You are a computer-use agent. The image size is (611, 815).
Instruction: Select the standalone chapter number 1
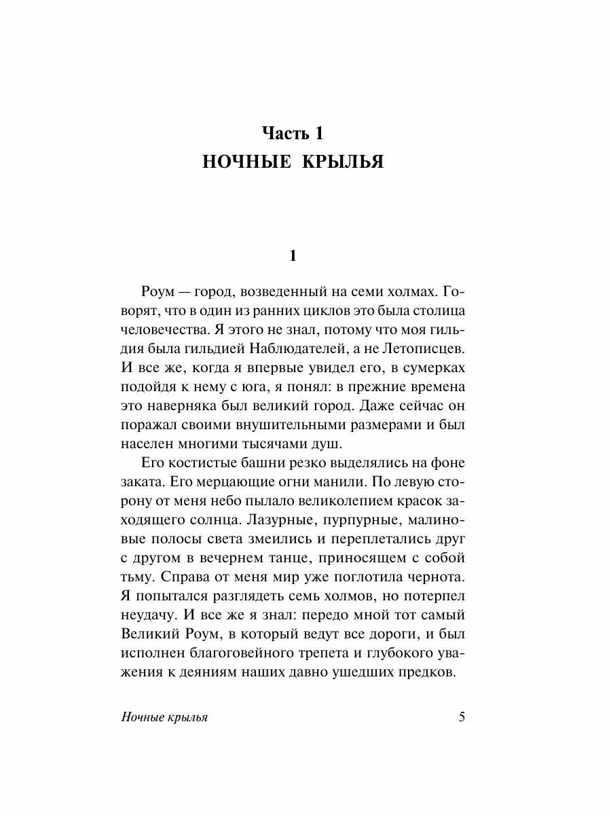click(x=293, y=256)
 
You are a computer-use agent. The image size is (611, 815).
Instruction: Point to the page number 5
click(x=462, y=718)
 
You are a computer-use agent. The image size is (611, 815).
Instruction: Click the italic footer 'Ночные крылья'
click(x=163, y=719)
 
